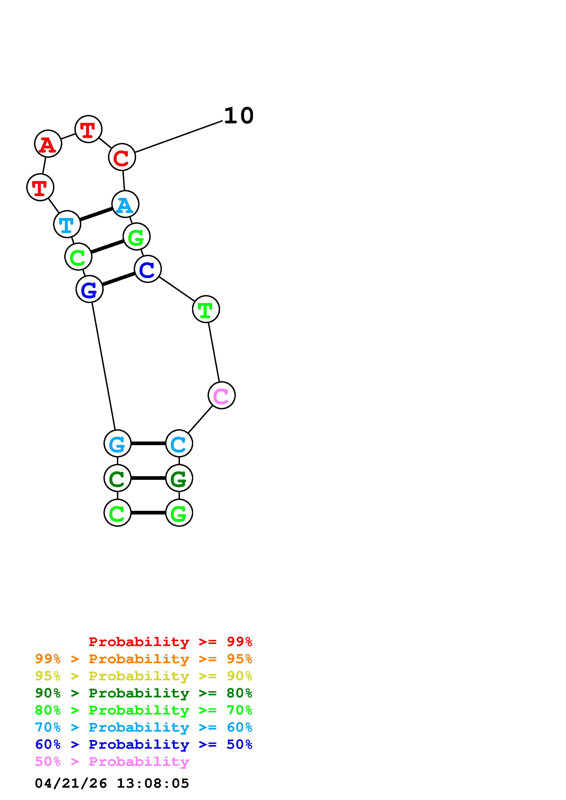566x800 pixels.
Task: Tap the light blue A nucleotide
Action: click(125, 204)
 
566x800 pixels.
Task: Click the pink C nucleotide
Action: click(221, 395)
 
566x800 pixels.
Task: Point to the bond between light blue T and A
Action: click(96, 214)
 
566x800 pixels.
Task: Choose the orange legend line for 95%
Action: click(144, 659)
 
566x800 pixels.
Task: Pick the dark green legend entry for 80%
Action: click(144, 693)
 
